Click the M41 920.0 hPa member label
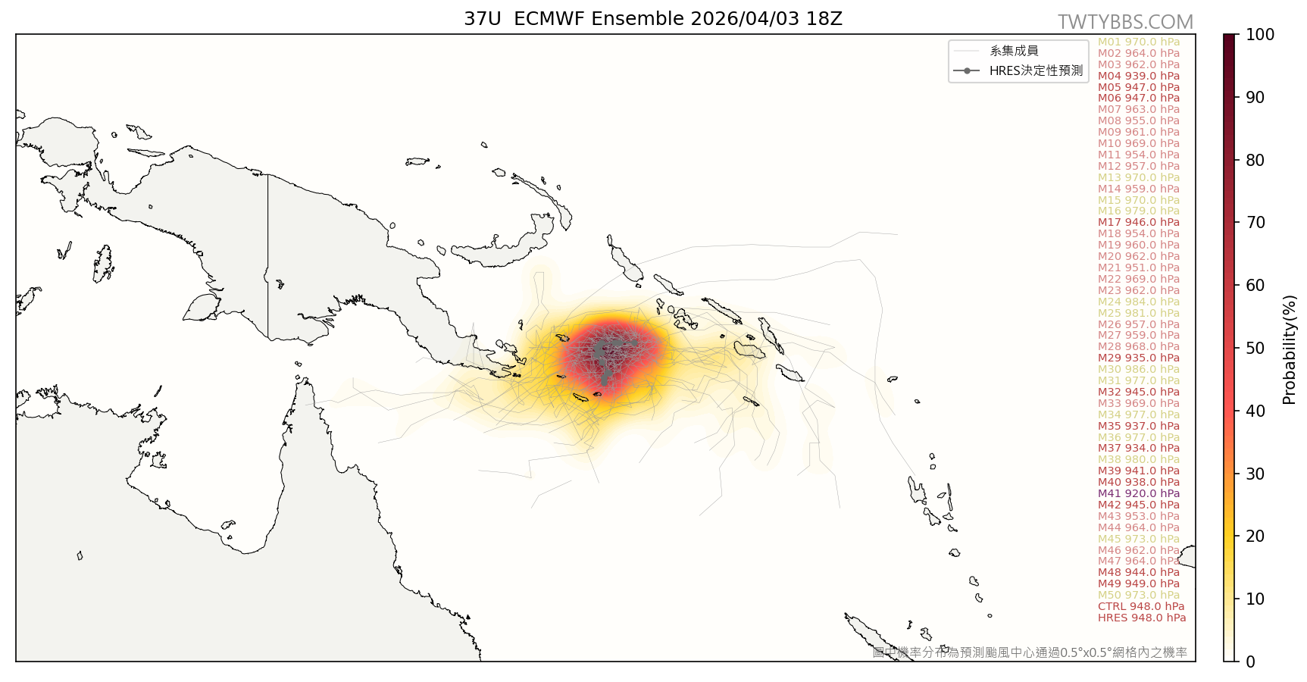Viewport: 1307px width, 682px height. (x=1138, y=493)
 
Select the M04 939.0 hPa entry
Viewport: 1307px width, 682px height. (x=1138, y=76)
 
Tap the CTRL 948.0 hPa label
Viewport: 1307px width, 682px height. (x=1140, y=606)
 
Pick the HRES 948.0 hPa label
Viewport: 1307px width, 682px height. (x=1141, y=618)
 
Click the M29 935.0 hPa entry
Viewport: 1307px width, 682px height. (x=1138, y=358)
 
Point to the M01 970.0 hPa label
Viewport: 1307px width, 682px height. (x=1138, y=42)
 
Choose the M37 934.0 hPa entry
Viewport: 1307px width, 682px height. (x=1138, y=448)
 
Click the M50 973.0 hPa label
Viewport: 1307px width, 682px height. (x=1138, y=595)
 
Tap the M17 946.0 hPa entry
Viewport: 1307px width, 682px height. (x=1138, y=222)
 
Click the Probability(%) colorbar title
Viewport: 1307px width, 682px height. (x=1290, y=349)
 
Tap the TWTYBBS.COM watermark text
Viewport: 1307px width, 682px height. (x=1125, y=22)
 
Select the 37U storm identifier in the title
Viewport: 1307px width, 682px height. (x=482, y=19)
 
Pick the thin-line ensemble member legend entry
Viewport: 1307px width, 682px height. (x=1013, y=51)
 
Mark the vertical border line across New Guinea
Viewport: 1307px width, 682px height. (x=267, y=258)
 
